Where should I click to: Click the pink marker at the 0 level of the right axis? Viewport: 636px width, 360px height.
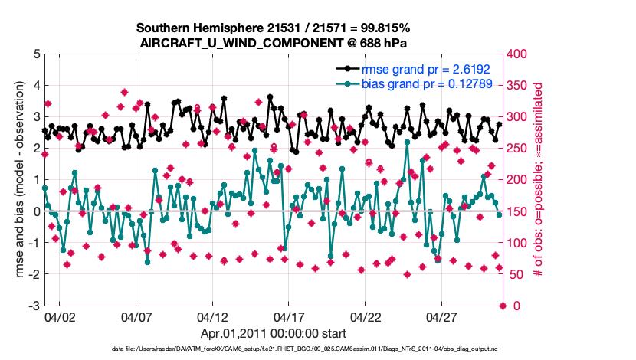point(503,306)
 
